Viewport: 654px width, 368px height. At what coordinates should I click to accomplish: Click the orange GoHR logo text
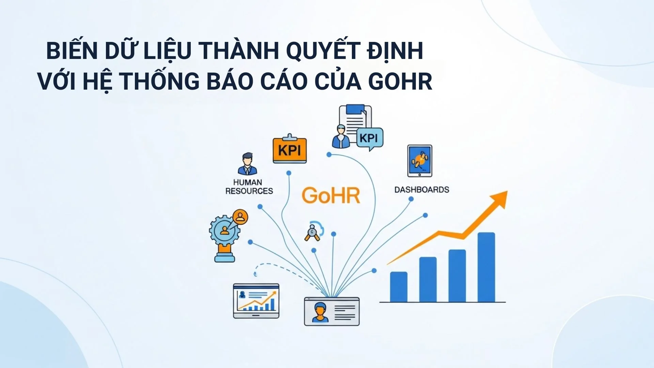coord(331,195)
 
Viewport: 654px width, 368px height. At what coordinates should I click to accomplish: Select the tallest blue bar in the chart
coord(486,267)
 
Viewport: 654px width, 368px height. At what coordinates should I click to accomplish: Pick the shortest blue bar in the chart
coord(399,287)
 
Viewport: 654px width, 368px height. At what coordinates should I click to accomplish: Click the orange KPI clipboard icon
coord(290,150)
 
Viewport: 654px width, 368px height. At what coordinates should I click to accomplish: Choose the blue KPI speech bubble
coord(370,138)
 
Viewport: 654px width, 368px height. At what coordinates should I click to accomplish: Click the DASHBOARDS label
coord(422,190)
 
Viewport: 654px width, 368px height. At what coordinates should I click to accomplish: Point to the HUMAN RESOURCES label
coord(249,187)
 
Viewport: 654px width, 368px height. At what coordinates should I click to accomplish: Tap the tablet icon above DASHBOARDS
coord(420,160)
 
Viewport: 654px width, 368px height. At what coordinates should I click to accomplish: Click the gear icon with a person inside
coord(224,230)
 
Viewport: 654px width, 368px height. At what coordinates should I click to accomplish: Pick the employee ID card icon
coord(331,311)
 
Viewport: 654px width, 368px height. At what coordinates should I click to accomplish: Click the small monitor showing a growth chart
coord(256,301)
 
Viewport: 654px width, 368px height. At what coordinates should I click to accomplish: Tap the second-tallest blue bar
coord(457,276)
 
